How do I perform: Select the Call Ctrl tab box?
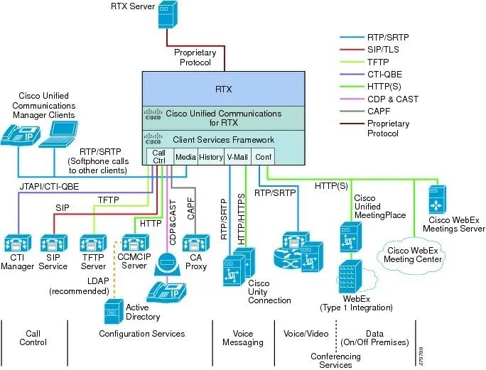point(159,157)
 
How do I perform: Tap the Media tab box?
point(185,157)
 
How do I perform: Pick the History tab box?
point(211,157)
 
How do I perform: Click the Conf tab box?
point(264,157)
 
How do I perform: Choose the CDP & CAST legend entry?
point(377,99)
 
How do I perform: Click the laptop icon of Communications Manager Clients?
point(58,134)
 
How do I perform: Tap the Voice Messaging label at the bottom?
point(243,337)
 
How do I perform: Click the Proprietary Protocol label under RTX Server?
point(193,57)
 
